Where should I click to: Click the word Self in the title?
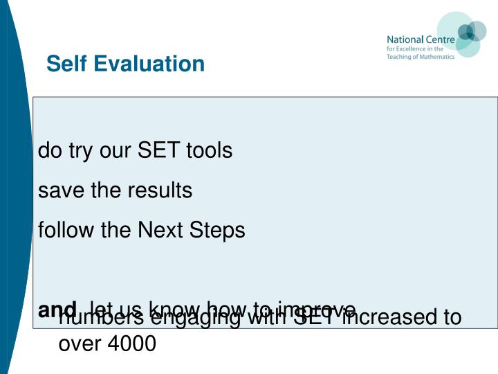pos(67,64)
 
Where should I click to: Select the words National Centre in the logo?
pos(421,39)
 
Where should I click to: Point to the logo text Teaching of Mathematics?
pos(421,57)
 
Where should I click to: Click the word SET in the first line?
pos(160,150)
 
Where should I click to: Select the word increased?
pos(391,317)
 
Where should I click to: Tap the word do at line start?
pos(48,150)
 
